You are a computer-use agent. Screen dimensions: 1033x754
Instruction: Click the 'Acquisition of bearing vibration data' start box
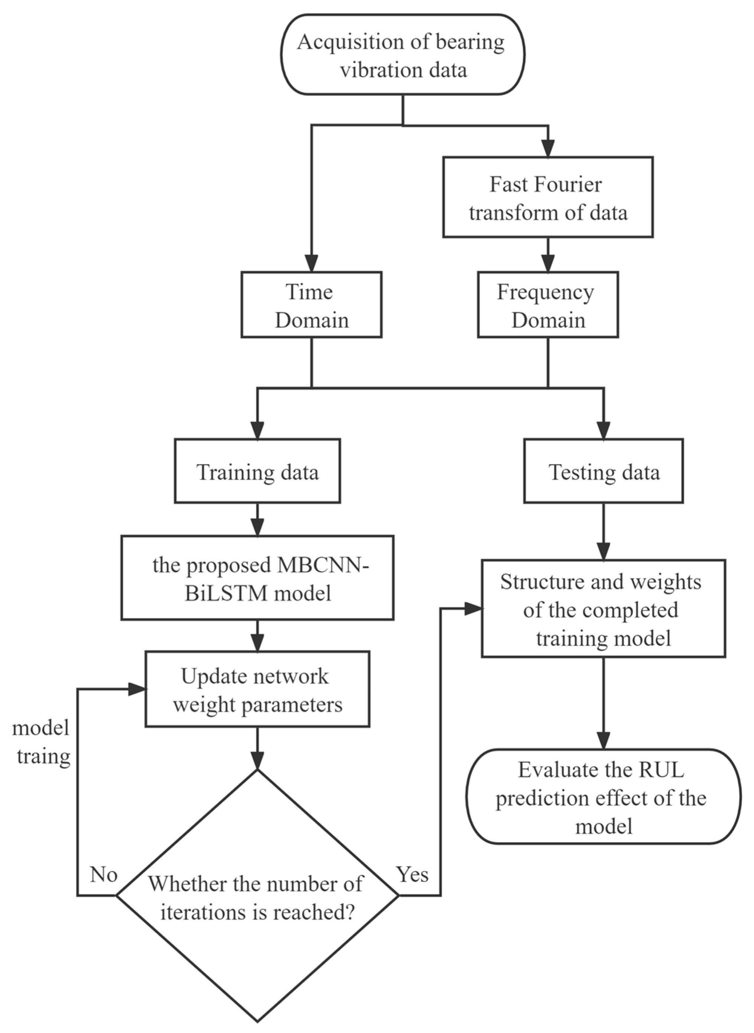click(x=403, y=55)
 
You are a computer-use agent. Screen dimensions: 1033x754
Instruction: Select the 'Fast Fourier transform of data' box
click(x=548, y=197)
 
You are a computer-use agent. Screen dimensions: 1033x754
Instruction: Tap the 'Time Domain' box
click(x=311, y=305)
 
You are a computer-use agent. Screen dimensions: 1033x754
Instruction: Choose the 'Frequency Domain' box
click(x=548, y=305)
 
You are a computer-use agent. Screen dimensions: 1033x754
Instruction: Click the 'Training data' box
click(x=257, y=471)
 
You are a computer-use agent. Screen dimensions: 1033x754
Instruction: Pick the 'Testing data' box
click(x=603, y=471)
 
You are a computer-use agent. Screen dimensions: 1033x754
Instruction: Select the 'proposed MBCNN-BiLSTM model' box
click(x=257, y=578)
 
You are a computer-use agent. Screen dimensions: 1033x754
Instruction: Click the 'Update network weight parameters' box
click(x=257, y=690)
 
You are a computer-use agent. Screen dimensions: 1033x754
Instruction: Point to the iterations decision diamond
click(x=257, y=895)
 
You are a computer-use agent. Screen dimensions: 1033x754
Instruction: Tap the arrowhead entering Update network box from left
click(x=137, y=690)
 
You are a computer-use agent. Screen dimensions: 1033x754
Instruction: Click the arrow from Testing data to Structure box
click(x=603, y=530)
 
